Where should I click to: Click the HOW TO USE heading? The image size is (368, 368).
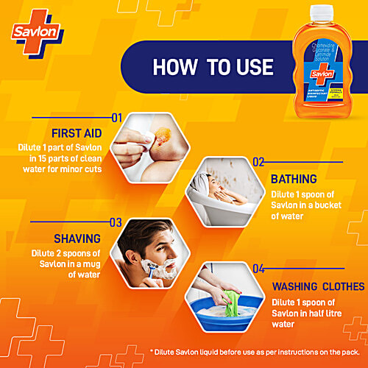213,67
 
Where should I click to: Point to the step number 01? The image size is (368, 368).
116,117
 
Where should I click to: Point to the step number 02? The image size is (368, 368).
258,161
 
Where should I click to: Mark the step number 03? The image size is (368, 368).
116,222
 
